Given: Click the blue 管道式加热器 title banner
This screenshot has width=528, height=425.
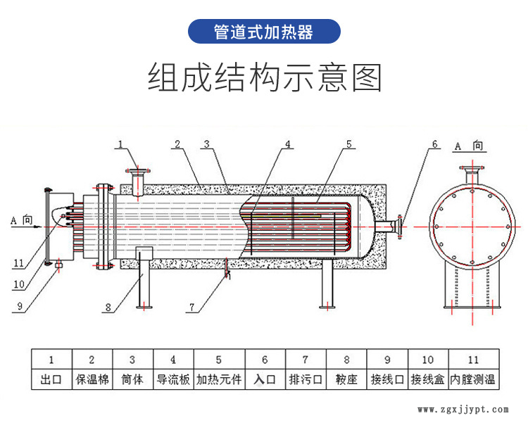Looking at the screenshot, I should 264,32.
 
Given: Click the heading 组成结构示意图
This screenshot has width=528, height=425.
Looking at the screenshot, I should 264,77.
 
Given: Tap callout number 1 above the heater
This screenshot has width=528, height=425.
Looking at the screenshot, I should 120,144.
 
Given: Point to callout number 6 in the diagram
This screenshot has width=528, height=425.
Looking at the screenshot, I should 434,144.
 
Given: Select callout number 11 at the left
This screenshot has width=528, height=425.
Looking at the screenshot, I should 18,262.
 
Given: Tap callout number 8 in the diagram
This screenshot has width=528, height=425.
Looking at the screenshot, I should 108,307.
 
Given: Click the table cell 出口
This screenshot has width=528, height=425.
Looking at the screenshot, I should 51,380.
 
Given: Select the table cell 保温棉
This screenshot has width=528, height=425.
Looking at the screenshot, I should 92,380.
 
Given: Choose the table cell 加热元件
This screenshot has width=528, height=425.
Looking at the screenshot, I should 218,380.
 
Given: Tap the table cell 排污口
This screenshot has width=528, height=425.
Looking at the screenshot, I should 305,380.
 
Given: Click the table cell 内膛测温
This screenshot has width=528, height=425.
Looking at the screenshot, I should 473,380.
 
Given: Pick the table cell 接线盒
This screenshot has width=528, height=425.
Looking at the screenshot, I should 428,380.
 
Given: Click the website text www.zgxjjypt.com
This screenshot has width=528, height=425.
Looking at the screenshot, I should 463,409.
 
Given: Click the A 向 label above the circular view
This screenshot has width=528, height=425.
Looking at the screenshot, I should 468,146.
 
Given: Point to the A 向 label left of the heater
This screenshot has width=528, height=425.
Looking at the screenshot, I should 22,220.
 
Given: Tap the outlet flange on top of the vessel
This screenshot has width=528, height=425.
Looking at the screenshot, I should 138,171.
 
